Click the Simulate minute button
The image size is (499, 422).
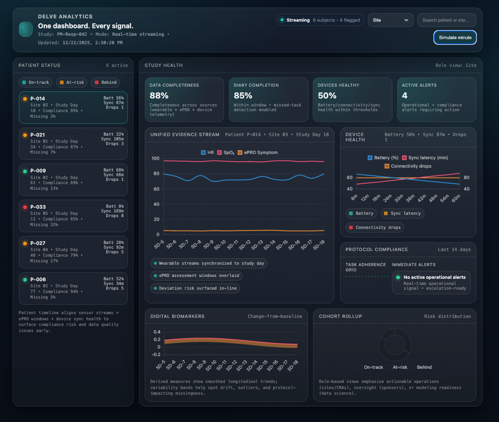(x=455, y=38)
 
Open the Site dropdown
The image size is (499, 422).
(x=390, y=20)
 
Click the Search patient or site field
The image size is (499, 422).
(x=446, y=20)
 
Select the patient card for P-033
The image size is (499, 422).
(x=73, y=215)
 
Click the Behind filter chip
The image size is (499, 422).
(x=105, y=82)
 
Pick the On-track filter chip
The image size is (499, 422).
(x=35, y=82)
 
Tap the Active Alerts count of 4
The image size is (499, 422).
(x=404, y=96)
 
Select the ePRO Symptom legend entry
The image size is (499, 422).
(x=257, y=153)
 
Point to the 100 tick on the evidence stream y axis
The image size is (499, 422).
(x=155, y=158)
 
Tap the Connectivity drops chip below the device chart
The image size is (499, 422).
(x=375, y=227)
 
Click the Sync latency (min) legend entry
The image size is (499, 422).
(x=424, y=157)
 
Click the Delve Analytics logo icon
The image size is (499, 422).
(x=25, y=29)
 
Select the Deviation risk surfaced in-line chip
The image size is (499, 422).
(x=195, y=288)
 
